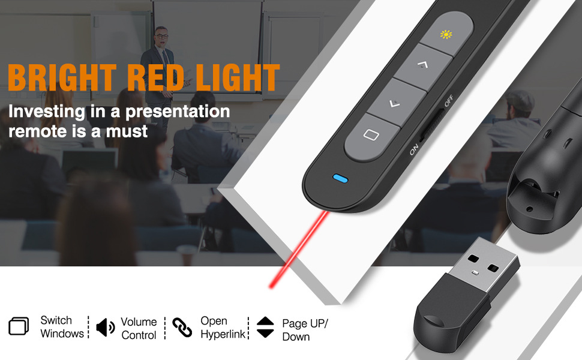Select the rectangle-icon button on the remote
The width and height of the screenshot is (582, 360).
pyautogui.click(x=372, y=136)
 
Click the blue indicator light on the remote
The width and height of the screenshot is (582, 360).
pyautogui.click(x=340, y=179)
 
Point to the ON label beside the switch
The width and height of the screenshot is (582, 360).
pyautogui.click(x=414, y=149)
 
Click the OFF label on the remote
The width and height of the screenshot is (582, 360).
pyautogui.click(x=449, y=101)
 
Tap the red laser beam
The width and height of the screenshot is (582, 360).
pyautogui.click(x=299, y=249)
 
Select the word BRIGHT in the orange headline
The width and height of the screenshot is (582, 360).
pyautogui.click(x=62, y=77)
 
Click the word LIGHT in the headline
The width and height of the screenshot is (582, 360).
pyautogui.click(x=238, y=77)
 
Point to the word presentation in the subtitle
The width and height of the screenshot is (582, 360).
pyautogui.click(x=178, y=112)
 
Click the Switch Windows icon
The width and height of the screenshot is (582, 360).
pyautogui.click(x=19, y=326)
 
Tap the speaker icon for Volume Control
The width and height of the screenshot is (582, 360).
pyautogui.click(x=106, y=328)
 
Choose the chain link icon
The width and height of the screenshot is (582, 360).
pyautogui.click(x=182, y=328)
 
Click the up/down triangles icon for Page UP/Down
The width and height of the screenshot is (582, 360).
pyautogui.click(x=265, y=327)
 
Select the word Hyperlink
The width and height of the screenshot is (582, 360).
pyautogui.click(x=223, y=334)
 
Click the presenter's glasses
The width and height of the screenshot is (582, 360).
pyautogui.click(x=161, y=37)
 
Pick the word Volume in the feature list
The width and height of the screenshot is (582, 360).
pyautogui.click(x=139, y=322)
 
